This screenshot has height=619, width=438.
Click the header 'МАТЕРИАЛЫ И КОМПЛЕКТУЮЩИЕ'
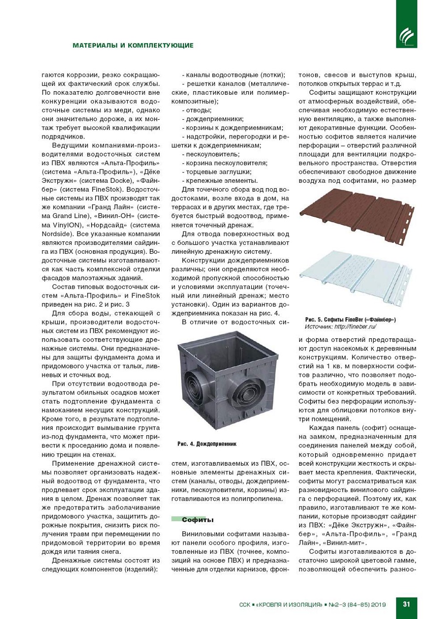pos(133,45)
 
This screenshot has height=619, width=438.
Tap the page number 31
pos(406,604)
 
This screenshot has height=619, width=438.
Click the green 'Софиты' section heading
pos(197,519)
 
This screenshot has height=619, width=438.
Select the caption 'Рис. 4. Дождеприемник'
pos(206,444)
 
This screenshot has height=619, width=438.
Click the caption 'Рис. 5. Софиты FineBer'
pos(350,320)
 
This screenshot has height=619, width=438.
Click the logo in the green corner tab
pos(406,36)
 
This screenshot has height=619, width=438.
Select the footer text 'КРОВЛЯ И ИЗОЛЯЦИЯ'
pos(288,605)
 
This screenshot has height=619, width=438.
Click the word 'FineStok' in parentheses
pos(106,189)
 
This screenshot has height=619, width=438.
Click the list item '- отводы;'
pos(197,110)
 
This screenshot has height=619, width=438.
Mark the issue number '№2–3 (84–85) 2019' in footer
pos(357,605)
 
